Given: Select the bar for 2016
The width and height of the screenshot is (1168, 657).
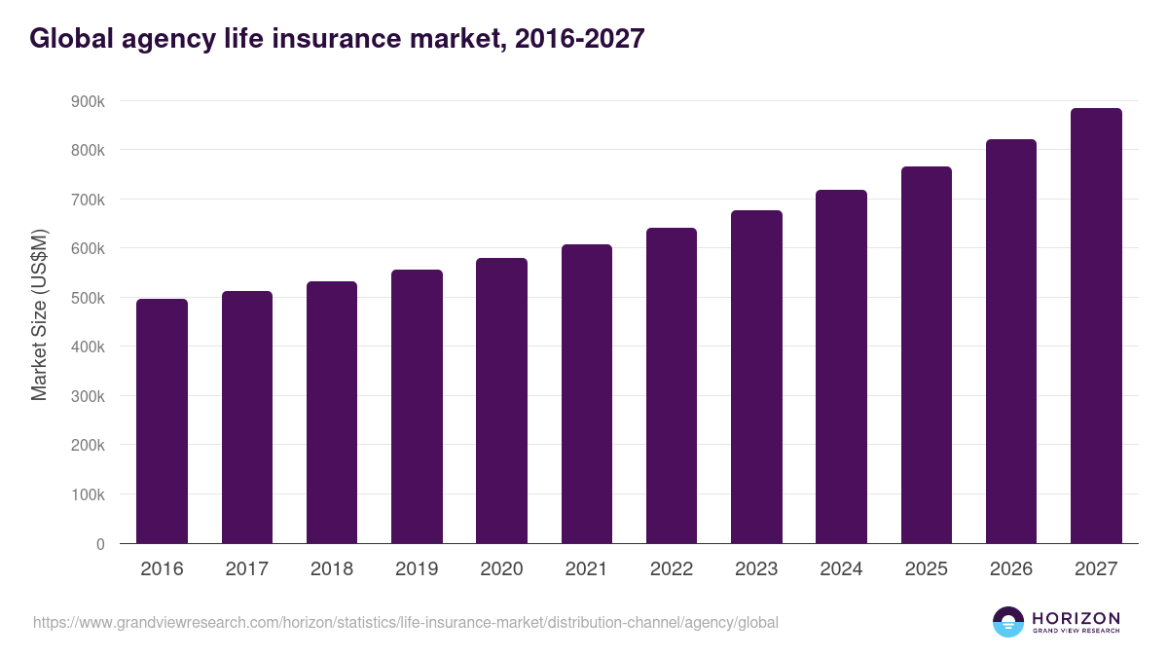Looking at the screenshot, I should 162,420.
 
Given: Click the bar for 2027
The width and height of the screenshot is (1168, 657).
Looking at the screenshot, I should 1096,325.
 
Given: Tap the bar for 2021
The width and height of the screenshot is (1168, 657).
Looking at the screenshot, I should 587,393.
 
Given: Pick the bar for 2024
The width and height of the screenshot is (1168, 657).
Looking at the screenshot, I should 841,366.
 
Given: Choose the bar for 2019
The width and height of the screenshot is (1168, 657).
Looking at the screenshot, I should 417,406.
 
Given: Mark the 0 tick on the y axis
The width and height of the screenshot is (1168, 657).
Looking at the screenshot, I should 100,544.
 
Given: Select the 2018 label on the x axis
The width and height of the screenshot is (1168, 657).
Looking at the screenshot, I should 332,569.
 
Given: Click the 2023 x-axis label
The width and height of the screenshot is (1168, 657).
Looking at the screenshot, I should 756,569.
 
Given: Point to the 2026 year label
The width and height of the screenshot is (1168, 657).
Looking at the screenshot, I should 1011,569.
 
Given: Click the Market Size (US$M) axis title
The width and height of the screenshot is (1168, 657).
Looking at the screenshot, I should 39,313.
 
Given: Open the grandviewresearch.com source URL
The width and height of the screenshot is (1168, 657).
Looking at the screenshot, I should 406,622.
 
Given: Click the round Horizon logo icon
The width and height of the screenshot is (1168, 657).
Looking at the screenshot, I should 1008,622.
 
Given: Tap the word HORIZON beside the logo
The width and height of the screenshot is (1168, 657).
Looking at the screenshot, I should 1076,617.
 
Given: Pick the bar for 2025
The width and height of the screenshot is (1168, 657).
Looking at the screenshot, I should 927,354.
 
